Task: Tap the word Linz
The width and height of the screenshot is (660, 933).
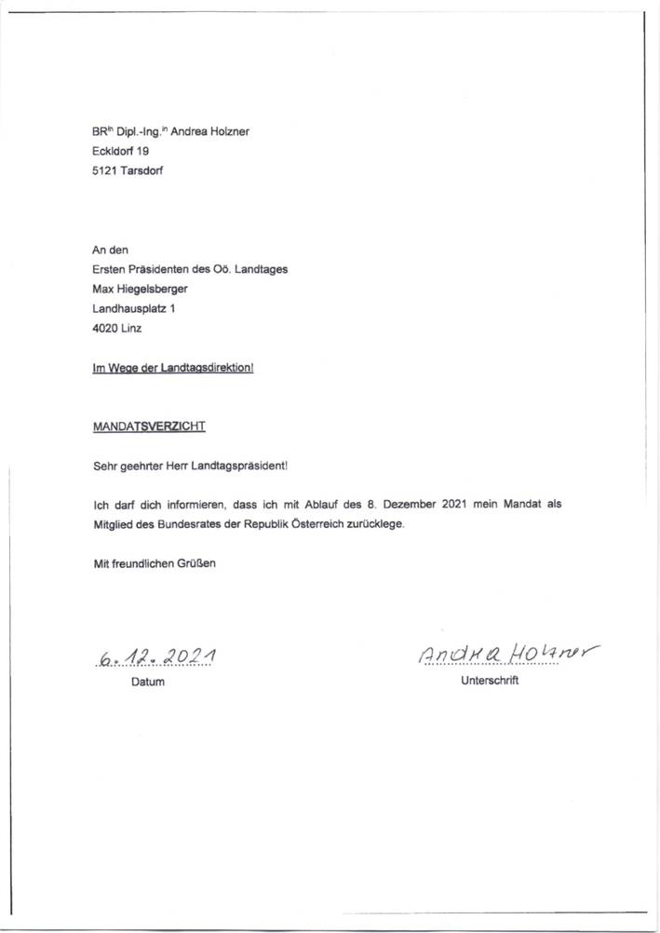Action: click(x=133, y=328)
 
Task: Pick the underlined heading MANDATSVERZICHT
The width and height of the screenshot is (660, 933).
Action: click(x=149, y=426)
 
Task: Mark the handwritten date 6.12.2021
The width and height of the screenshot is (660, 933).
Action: click(x=155, y=657)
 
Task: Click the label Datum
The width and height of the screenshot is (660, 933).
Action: click(x=147, y=683)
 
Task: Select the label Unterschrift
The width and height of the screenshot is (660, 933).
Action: click(x=490, y=681)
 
